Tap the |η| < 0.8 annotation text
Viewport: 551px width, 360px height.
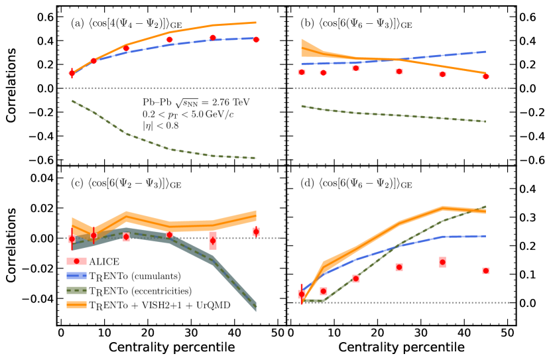tap(155, 126)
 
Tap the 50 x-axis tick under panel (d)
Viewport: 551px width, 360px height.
tap(507, 332)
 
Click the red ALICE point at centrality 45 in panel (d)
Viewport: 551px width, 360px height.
tap(486, 270)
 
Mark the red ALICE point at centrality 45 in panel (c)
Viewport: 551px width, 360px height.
tap(256, 231)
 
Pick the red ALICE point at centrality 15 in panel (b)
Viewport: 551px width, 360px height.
tap(355, 68)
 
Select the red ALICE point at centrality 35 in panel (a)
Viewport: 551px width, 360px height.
tap(213, 38)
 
